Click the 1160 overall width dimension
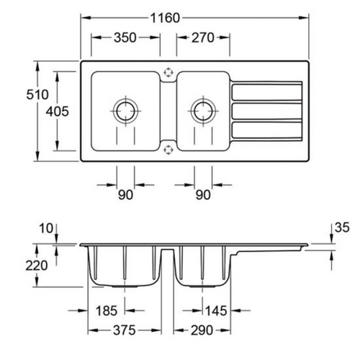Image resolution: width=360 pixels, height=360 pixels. tap(165, 18)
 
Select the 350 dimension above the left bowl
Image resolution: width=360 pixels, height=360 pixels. tap(125, 37)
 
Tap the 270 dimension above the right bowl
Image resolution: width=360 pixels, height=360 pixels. tap(203, 37)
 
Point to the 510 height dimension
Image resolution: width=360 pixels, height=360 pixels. tap(37, 94)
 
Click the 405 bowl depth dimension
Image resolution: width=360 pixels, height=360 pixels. tap(58, 112)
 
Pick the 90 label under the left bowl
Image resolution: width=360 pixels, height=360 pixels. tap(125, 194)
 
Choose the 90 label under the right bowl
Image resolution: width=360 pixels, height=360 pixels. tap(203, 194)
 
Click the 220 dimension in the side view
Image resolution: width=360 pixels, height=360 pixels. tap(37, 266)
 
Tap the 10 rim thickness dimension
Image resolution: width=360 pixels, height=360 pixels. tap(46, 228)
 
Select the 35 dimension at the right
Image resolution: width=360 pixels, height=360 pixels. tap(342, 228)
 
